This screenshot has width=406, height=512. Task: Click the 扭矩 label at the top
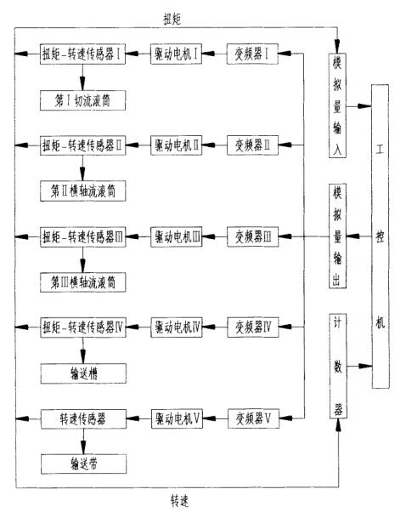pyautogui.click(x=172, y=20)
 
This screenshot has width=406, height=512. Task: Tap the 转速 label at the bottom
pyautogui.click(x=180, y=501)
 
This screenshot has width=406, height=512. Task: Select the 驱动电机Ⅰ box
pyautogui.click(x=176, y=54)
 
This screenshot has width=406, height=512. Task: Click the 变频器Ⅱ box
pyautogui.click(x=253, y=145)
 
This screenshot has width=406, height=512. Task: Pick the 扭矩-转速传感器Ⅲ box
pyautogui.click(x=83, y=236)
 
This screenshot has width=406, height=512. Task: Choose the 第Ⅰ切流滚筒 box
pyautogui.click(x=83, y=100)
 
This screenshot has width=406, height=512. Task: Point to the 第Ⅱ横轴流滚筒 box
pyautogui.click(x=83, y=191)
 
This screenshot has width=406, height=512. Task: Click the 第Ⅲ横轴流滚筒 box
pyautogui.click(x=83, y=282)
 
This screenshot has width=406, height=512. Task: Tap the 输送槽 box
pyautogui.click(x=83, y=373)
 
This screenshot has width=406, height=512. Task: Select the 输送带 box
pyautogui.click(x=84, y=464)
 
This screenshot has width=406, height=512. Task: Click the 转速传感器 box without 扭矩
pyautogui.click(x=83, y=418)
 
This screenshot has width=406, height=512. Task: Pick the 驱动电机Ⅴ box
pyautogui.click(x=177, y=418)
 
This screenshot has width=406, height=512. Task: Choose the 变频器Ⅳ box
pyautogui.click(x=253, y=327)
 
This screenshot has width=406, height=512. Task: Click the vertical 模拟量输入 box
pyautogui.click(x=337, y=105)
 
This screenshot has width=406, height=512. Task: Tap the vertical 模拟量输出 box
pyautogui.click(x=337, y=236)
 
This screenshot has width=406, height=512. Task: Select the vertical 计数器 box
pyautogui.click(x=338, y=366)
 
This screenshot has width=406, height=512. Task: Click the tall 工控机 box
pyautogui.click(x=381, y=236)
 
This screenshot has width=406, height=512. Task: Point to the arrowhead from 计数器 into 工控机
pyautogui.click(x=365, y=366)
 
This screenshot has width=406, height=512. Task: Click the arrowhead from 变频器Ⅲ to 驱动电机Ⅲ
pyautogui.click(x=209, y=236)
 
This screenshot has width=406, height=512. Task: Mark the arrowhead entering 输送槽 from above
pyautogui.click(x=83, y=357)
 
